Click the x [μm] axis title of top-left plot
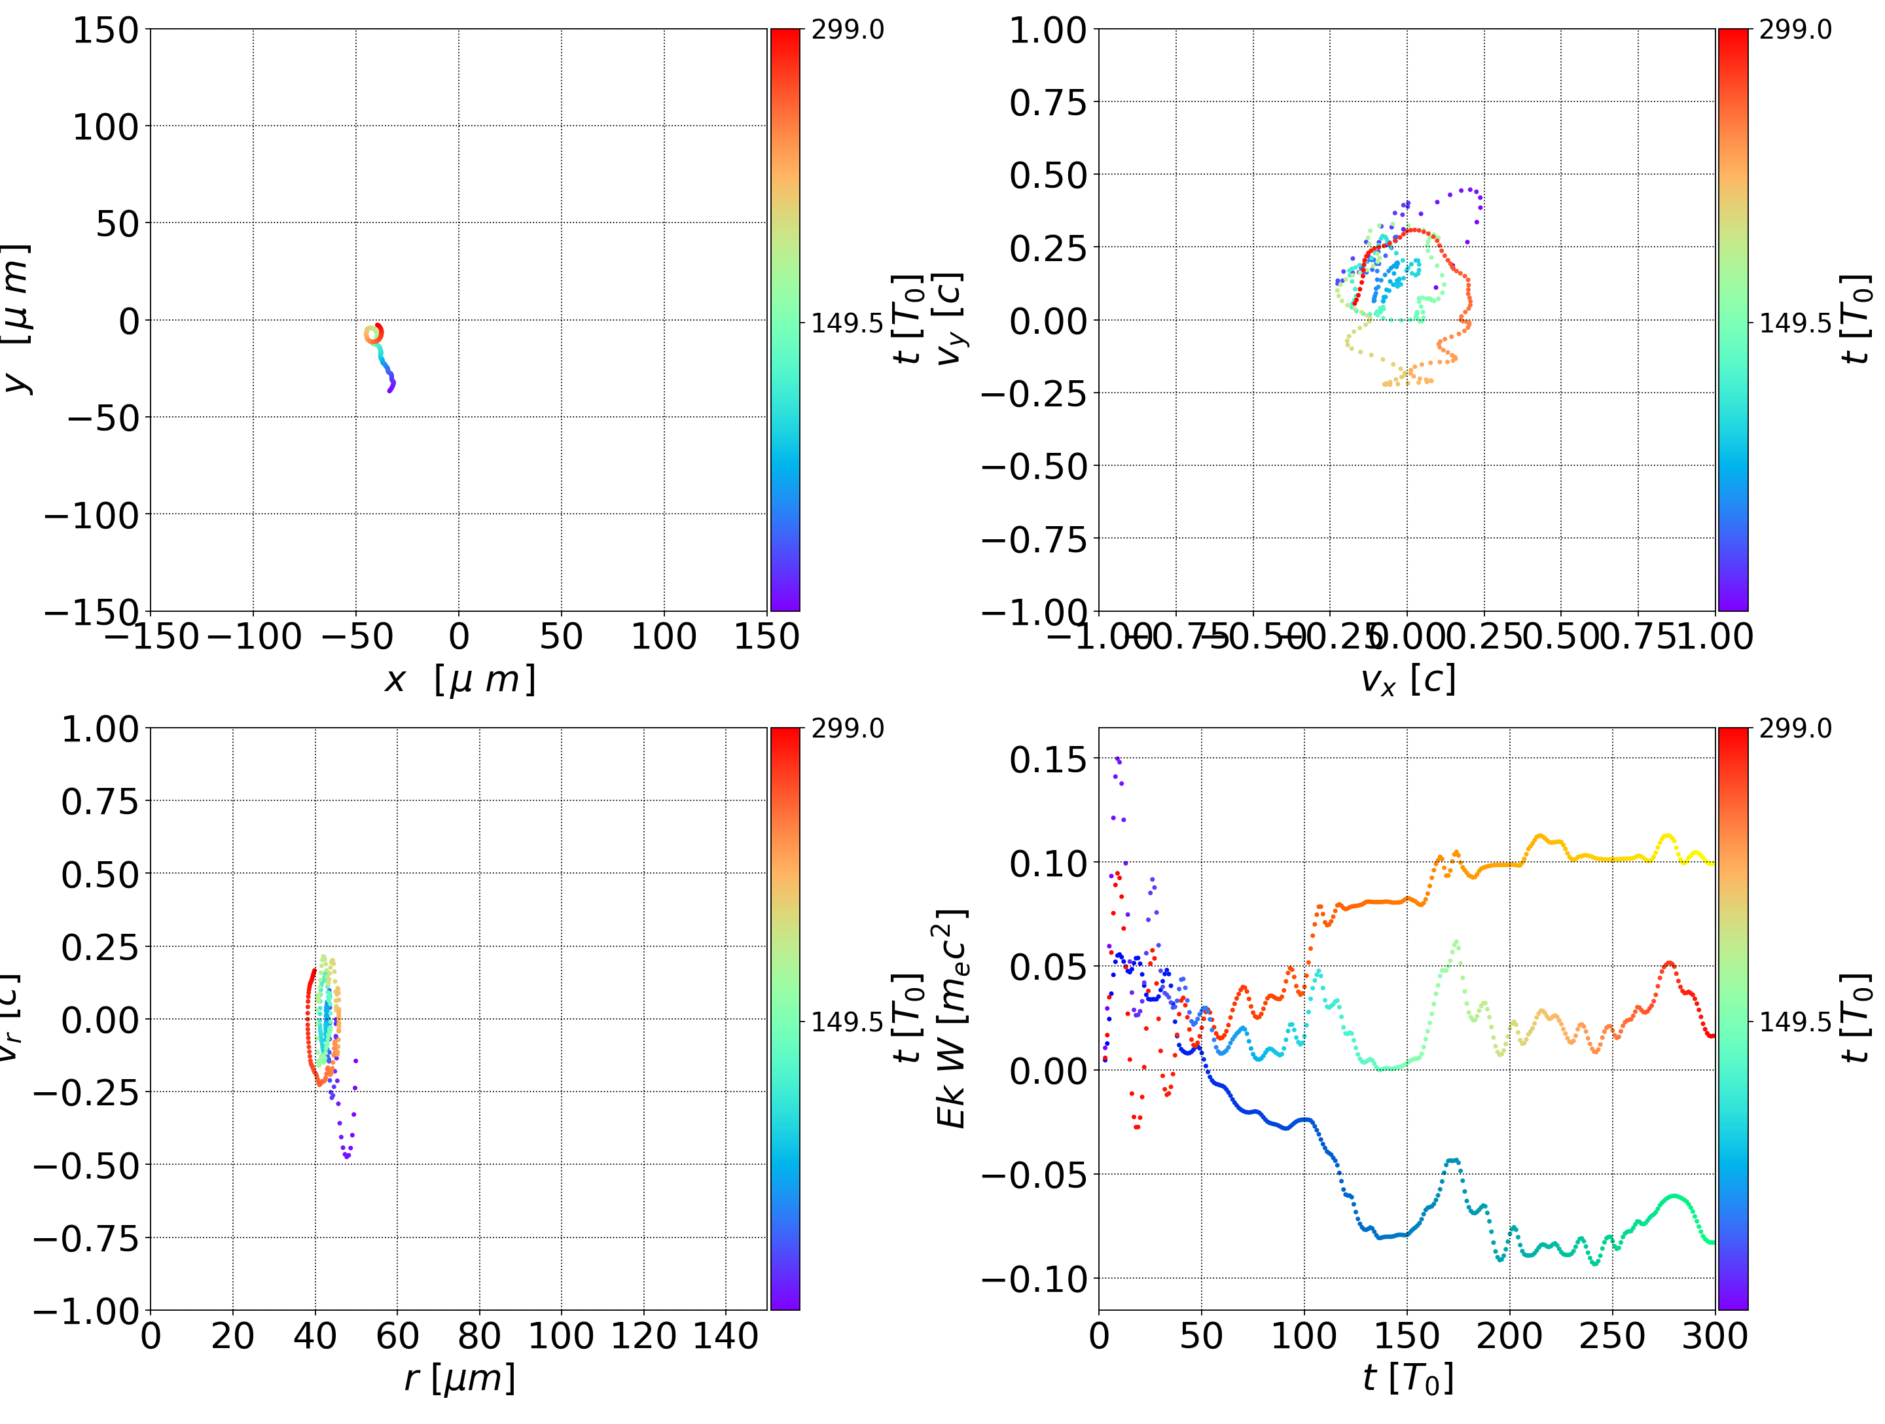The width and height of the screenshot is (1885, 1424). (459, 679)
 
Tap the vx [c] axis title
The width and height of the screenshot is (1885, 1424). (1407, 679)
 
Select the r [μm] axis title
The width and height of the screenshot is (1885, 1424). (459, 1378)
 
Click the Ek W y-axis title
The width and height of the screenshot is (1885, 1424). (952, 1018)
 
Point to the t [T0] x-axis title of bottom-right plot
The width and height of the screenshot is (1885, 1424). (1407, 1378)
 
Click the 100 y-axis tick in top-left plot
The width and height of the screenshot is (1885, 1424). (105, 127)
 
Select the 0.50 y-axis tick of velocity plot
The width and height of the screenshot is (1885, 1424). (1048, 175)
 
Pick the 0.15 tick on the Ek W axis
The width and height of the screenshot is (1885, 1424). (1048, 759)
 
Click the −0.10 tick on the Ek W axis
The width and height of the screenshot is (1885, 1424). (1035, 1278)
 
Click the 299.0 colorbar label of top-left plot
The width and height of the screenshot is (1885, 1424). (847, 30)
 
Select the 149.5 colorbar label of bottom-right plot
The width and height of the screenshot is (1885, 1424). (1795, 1021)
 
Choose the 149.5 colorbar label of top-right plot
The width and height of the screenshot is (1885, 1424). (1795, 323)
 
